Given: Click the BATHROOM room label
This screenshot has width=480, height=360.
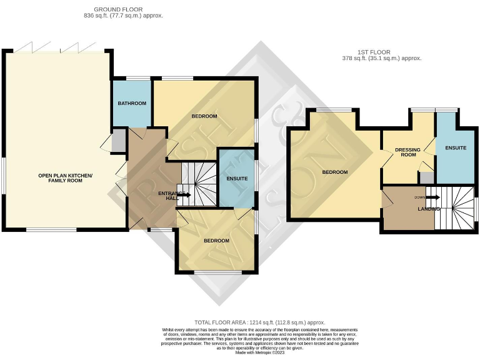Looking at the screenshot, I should click(132, 103).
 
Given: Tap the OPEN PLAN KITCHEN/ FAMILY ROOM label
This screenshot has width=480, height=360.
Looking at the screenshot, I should click(65, 178).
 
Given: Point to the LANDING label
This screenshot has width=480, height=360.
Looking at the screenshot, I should click(429, 209).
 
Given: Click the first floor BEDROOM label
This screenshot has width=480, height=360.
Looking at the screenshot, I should click(335, 172).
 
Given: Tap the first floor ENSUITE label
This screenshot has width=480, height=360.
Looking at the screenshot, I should click(455, 147).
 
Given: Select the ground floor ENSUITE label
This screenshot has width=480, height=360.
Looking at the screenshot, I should click(236, 179).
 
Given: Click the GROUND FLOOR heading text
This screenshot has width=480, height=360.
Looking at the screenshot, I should click(118, 10).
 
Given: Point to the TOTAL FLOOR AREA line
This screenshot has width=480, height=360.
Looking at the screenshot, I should click(259, 322).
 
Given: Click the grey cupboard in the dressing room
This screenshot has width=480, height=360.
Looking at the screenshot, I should click(426, 177).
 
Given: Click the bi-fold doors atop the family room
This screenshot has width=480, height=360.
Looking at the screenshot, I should click(59, 49).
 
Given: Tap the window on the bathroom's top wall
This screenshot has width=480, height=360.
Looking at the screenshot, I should click(131, 78).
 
